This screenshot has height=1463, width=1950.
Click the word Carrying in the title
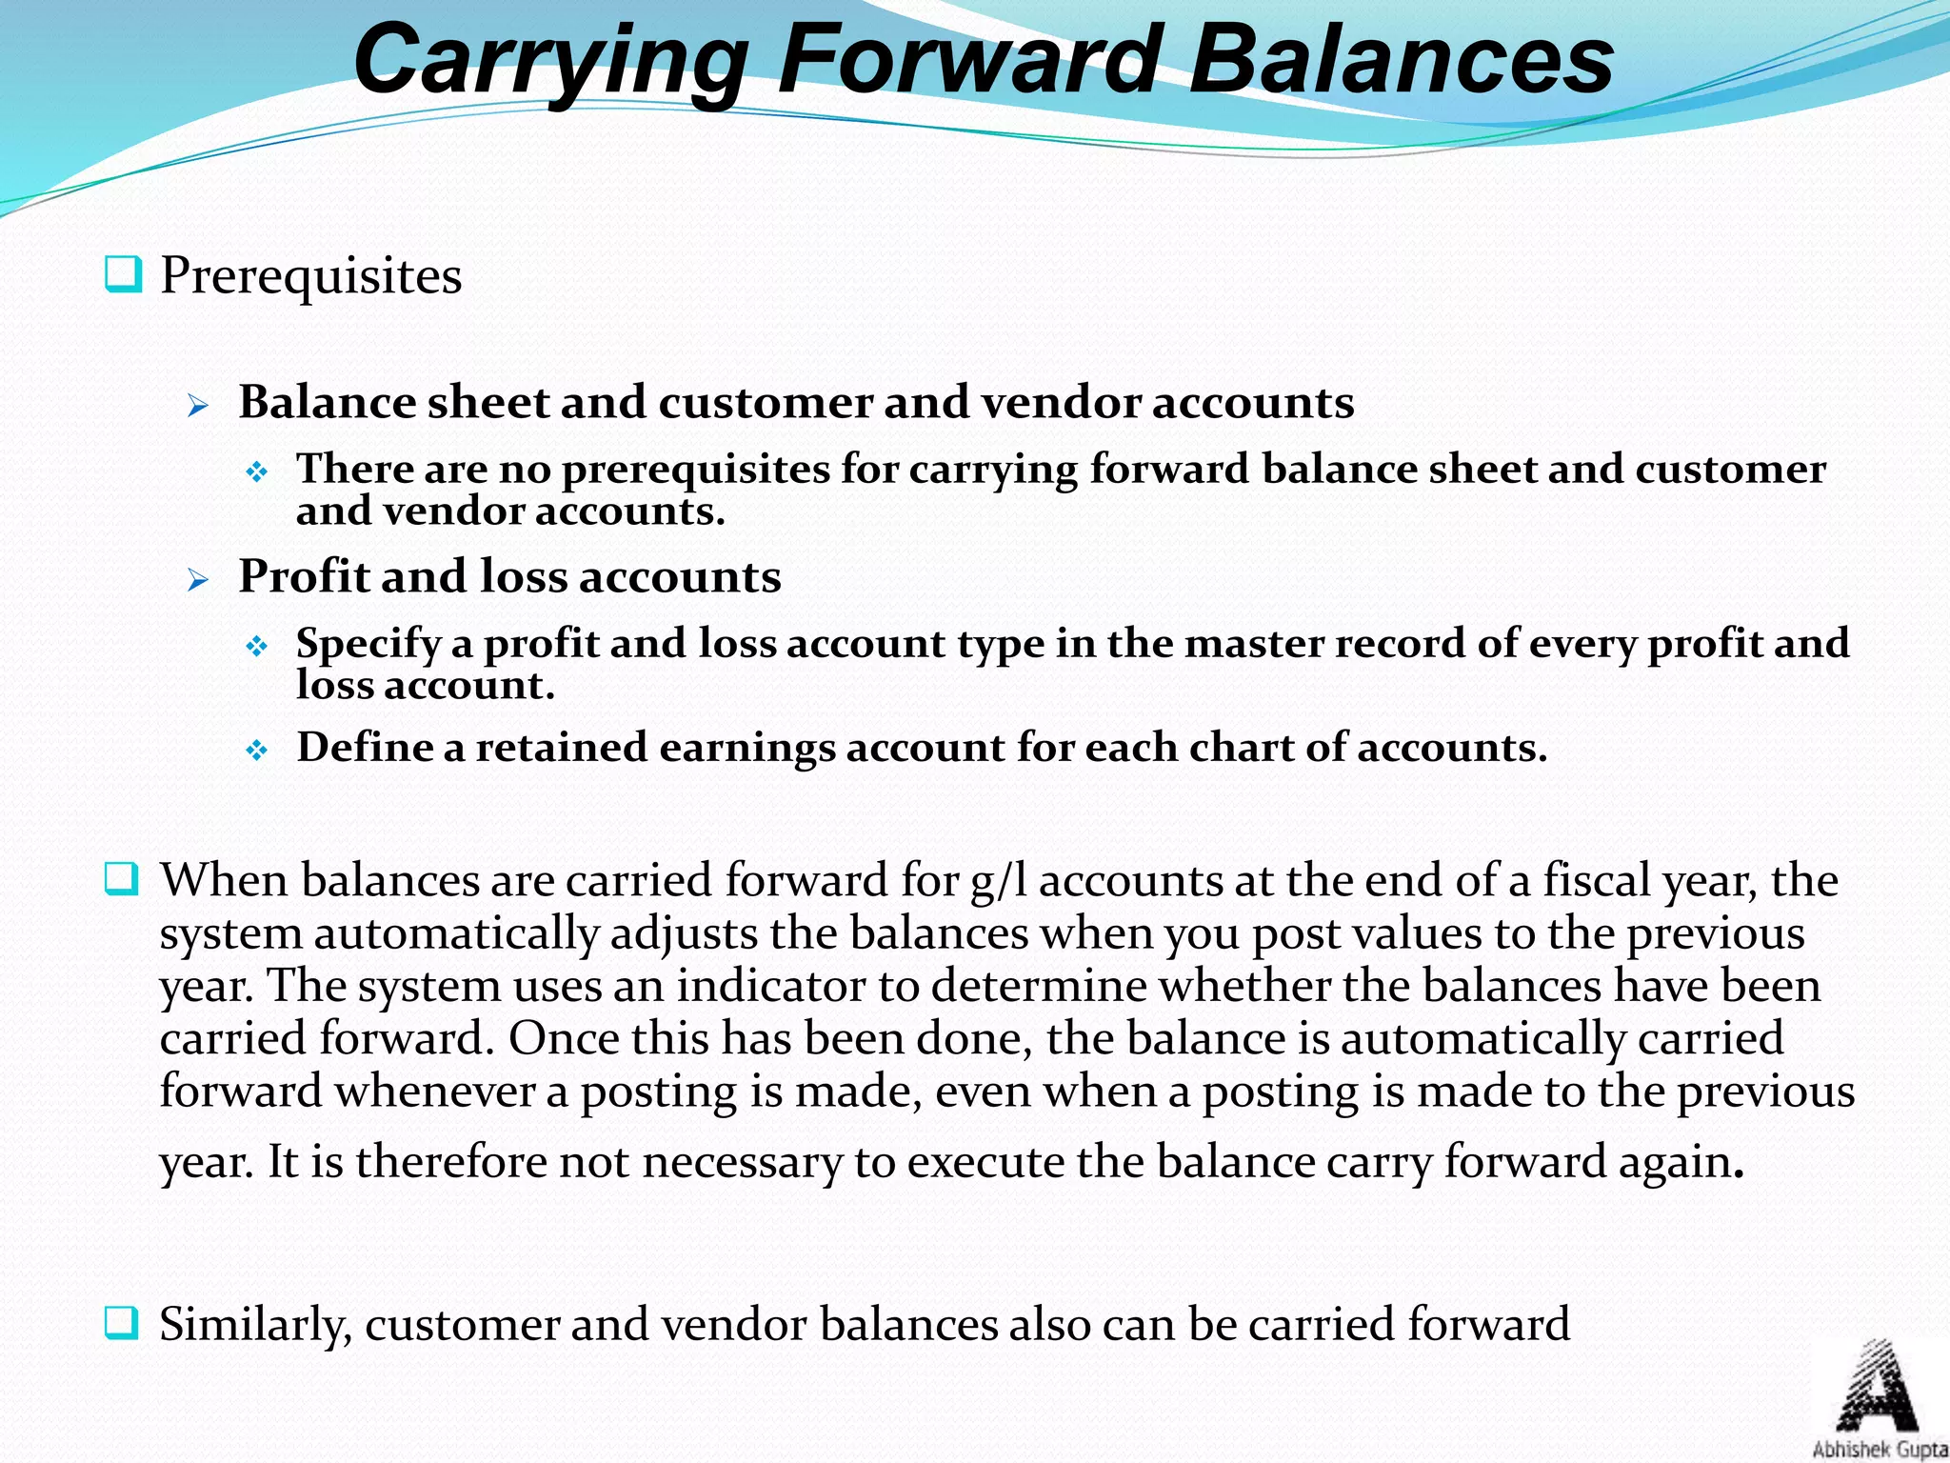coord(549,61)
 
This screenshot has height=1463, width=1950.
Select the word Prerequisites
coord(310,276)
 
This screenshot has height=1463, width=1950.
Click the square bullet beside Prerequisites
coord(123,274)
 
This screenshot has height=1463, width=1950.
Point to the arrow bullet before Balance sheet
coord(198,407)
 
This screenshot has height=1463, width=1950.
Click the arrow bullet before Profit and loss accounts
coord(198,580)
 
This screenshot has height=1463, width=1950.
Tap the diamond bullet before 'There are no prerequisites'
coord(257,471)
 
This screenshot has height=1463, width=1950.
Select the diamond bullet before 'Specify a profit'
coord(257,647)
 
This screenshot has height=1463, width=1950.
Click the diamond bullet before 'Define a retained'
coord(257,751)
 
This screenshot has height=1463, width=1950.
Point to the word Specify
coord(368,645)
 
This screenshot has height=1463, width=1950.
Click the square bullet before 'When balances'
coord(122,878)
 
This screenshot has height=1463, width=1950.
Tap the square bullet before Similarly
coord(122,1322)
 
